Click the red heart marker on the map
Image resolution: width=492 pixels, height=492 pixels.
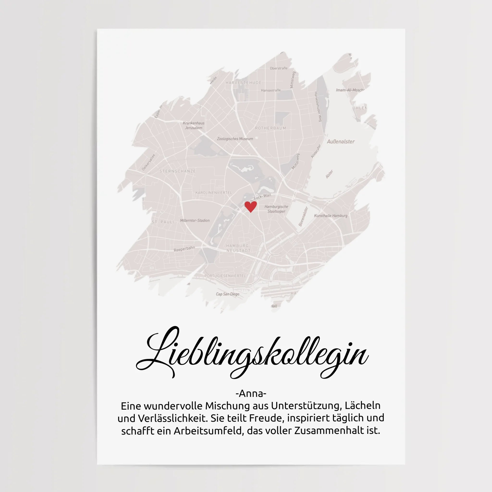point(251,206)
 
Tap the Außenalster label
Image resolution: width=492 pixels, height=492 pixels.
point(340,141)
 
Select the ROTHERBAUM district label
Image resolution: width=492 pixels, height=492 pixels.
point(271,128)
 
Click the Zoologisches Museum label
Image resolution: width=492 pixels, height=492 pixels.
point(235,139)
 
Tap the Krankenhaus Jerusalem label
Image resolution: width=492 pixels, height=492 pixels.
point(194,125)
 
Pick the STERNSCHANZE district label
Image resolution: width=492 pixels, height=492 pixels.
point(178,171)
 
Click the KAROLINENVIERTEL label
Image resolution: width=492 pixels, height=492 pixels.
point(214,192)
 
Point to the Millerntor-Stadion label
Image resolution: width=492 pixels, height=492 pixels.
point(195,221)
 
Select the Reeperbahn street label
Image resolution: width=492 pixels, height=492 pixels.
point(184,249)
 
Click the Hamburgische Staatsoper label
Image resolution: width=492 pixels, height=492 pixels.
point(276,209)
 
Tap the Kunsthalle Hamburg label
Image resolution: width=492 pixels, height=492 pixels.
point(331,216)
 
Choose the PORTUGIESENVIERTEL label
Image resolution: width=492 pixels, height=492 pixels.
point(225,276)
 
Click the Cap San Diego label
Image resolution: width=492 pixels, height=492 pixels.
point(228,294)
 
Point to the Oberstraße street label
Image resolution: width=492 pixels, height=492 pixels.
point(279,68)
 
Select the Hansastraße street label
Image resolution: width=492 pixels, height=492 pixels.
point(271,90)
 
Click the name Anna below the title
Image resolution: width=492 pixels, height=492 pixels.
point(251,394)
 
